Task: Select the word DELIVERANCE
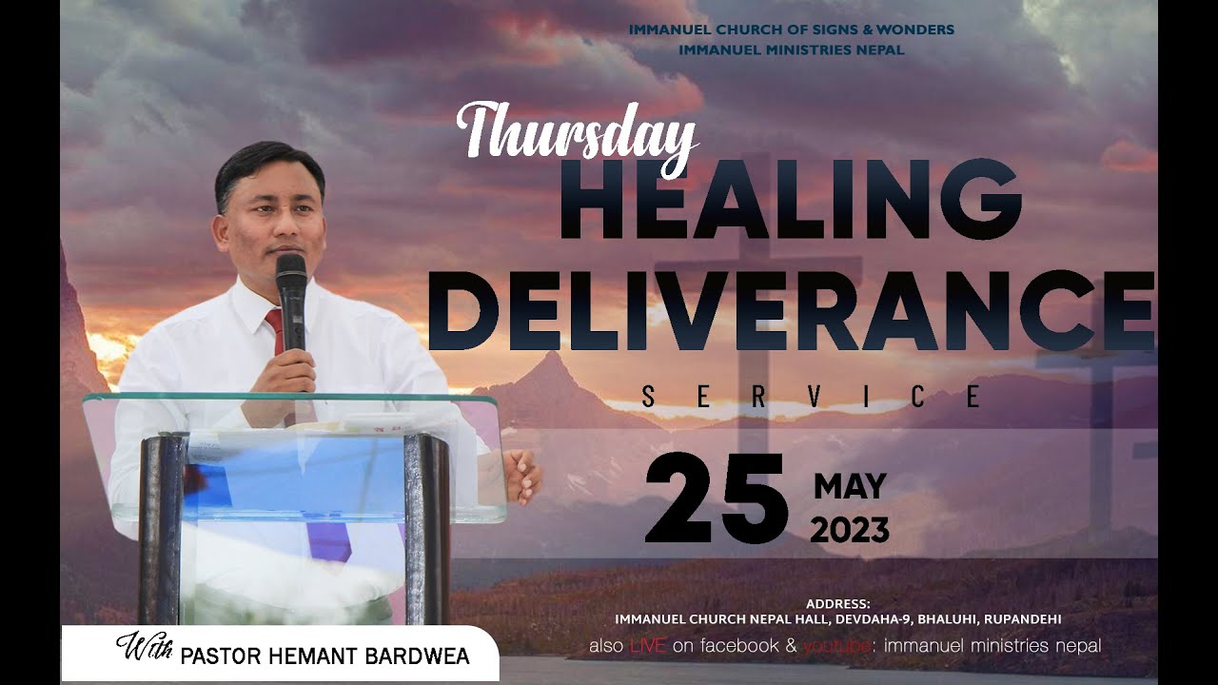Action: coord(790,311)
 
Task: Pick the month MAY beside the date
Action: coord(850,487)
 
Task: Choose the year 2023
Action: coord(850,530)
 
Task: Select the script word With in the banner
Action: coord(145,650)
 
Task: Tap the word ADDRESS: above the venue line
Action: coord(837,603)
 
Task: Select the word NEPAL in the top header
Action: coord(880,49)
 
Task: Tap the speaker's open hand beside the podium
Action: coord(521,476)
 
